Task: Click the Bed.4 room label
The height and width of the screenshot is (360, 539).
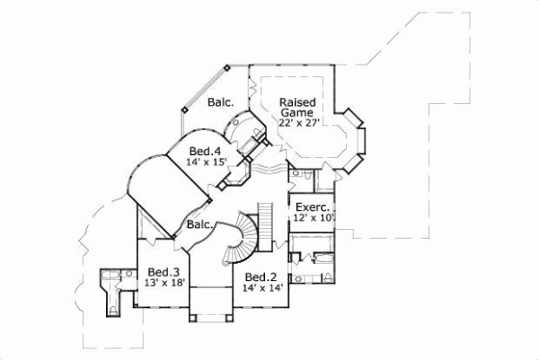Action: pos(207,151)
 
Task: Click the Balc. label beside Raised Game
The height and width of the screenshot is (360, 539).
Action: pos(221,103)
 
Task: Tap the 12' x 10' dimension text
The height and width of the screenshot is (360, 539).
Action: pos(311,218)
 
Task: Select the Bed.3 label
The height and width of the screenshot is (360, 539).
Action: pos(163,272)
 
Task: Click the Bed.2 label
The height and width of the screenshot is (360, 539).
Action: pos(260,277)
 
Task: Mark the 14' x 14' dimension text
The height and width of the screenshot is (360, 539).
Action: pos(260,288)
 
